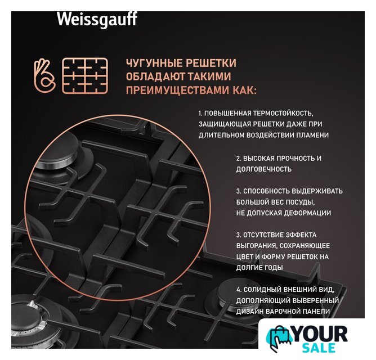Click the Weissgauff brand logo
point(97,20)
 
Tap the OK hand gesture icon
point(44,75)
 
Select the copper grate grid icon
point(85,75)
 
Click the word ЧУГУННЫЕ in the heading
point(154,63)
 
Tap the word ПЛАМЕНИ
point(312,135)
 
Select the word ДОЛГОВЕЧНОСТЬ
point(264,169)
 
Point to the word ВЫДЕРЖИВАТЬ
point(317,191)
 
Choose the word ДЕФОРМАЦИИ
point(310,213)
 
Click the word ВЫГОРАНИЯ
point(257,246)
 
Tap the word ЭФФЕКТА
point(301,235)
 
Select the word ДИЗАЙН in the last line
point(249,312)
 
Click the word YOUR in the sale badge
point(320,334)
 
